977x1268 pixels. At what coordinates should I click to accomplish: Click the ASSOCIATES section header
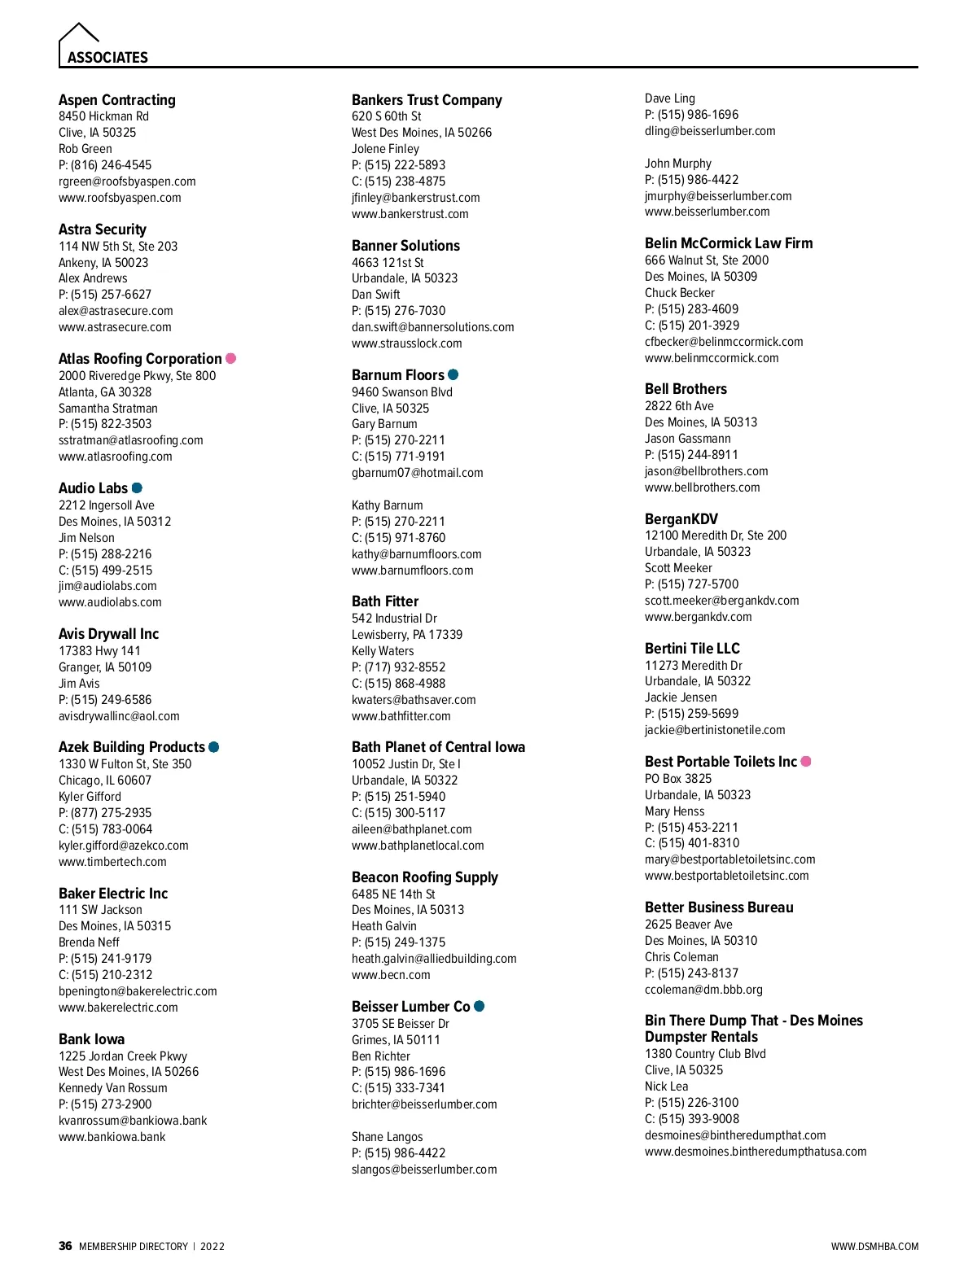107,58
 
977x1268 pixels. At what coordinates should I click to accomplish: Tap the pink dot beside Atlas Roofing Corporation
231,358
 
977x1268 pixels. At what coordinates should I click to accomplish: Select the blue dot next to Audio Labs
137,488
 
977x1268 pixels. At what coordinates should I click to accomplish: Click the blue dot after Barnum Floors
453,374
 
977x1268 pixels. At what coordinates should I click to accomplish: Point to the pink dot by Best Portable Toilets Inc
806,761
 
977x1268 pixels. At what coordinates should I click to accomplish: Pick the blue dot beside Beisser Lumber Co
480,1006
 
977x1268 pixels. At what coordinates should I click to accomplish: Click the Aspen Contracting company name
117,100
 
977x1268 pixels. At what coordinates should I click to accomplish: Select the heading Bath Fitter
385,601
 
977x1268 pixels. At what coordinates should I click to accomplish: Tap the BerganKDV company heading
681,519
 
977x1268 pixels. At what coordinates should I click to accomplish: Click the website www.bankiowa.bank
112,1137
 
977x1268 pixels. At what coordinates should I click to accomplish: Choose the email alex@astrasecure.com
116,311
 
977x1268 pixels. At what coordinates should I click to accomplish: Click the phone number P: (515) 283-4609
692,309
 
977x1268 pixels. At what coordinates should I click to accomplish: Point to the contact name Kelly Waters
383,651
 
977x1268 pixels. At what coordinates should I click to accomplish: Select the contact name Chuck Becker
680,293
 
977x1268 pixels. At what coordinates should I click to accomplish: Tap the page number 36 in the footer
65,1246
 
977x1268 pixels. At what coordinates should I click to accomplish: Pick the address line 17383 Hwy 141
99,651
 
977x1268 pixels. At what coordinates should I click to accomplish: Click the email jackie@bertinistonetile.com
715,730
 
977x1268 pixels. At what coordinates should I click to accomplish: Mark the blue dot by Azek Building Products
214,746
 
